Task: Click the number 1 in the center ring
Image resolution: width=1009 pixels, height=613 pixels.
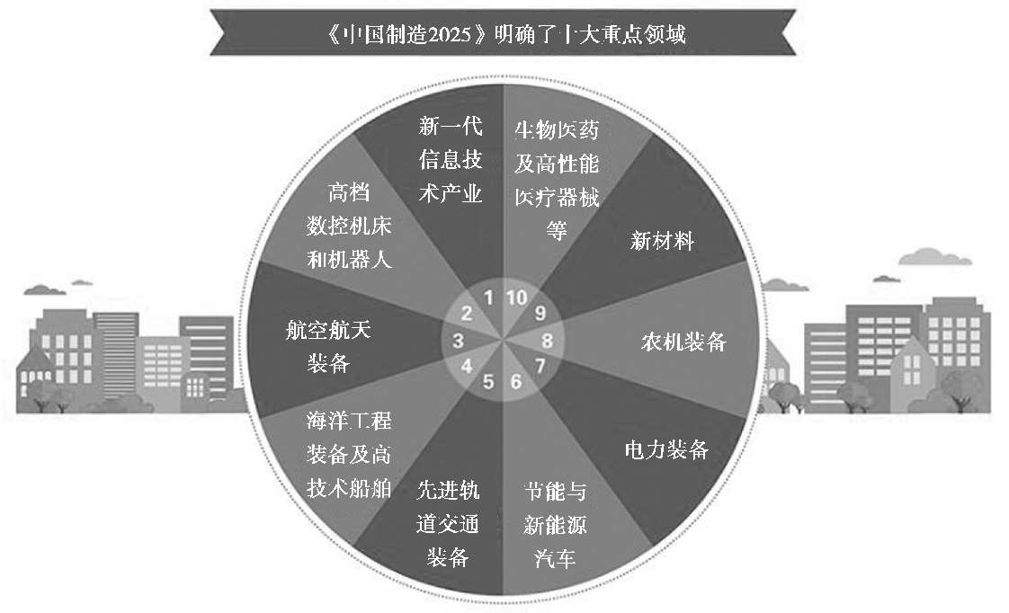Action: click(x=488, y=298)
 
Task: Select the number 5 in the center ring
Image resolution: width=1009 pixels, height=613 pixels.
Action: click(x=488, y=382)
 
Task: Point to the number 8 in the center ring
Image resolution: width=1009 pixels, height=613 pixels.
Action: click(x=547, y=341)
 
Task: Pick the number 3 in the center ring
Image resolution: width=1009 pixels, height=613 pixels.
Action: click(x=458, y=341)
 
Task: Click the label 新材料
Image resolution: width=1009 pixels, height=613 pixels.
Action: click(x=662, y=241)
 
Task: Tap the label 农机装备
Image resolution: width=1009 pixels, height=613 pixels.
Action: click(x=683, y=342)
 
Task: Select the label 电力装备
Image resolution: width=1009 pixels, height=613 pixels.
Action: click(x=666, y=449)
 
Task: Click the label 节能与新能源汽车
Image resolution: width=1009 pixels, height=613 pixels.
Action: click(x=555, y=525)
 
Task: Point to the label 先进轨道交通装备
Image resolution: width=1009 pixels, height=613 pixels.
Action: click(x=449, y=523)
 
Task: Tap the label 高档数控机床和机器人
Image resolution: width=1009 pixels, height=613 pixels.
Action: click(x=349, y=227)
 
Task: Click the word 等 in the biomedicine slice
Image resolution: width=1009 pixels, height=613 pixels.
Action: click(x=557, y=230)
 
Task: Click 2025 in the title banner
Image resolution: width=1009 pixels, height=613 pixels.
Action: click(x=450, y=34)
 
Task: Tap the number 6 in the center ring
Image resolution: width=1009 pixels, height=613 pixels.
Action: click(x=516, y=381)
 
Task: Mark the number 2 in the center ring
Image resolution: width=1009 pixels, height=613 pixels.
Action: click(x=466, y=314)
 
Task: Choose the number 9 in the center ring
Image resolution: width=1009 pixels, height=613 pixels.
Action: click(x=540, y=314)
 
